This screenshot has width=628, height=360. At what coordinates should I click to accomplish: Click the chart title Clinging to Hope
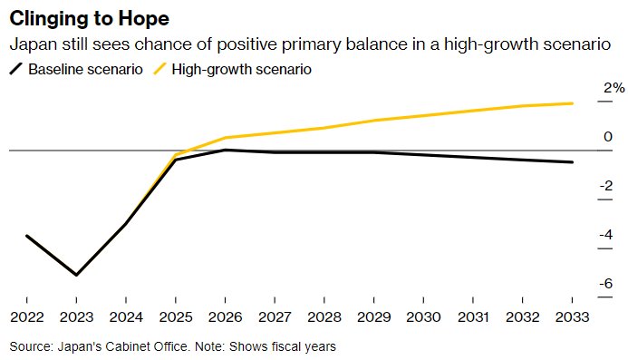(90, 19)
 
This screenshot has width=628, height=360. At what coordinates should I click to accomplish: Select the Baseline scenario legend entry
(76, 69)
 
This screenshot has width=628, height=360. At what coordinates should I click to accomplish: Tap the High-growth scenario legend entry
(232, 69)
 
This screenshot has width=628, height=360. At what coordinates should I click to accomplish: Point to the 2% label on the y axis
(614, 88)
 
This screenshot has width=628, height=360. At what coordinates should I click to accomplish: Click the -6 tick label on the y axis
(606, 284)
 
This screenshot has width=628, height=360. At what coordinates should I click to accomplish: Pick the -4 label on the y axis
(606, 235)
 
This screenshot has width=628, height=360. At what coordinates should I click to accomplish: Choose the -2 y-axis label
(606, 186)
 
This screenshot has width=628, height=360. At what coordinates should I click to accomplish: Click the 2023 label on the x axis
(76, 317)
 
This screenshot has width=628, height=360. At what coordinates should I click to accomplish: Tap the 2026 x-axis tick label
(225, 317)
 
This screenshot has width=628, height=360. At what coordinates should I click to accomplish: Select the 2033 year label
(572, 317)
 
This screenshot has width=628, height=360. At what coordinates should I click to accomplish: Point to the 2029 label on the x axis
(373, 317)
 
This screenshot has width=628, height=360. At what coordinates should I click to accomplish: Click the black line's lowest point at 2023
(76, 275)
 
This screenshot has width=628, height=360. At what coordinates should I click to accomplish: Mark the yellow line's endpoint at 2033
(572, 103)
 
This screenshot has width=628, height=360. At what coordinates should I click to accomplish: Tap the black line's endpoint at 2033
(572, 162)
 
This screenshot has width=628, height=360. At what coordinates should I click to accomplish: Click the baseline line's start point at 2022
(27, 236)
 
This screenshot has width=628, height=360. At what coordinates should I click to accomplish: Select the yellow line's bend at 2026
(225, 138)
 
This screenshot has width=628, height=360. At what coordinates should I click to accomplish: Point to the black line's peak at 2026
(225, 150)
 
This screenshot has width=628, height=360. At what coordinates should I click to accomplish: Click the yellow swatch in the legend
(159, 69)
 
